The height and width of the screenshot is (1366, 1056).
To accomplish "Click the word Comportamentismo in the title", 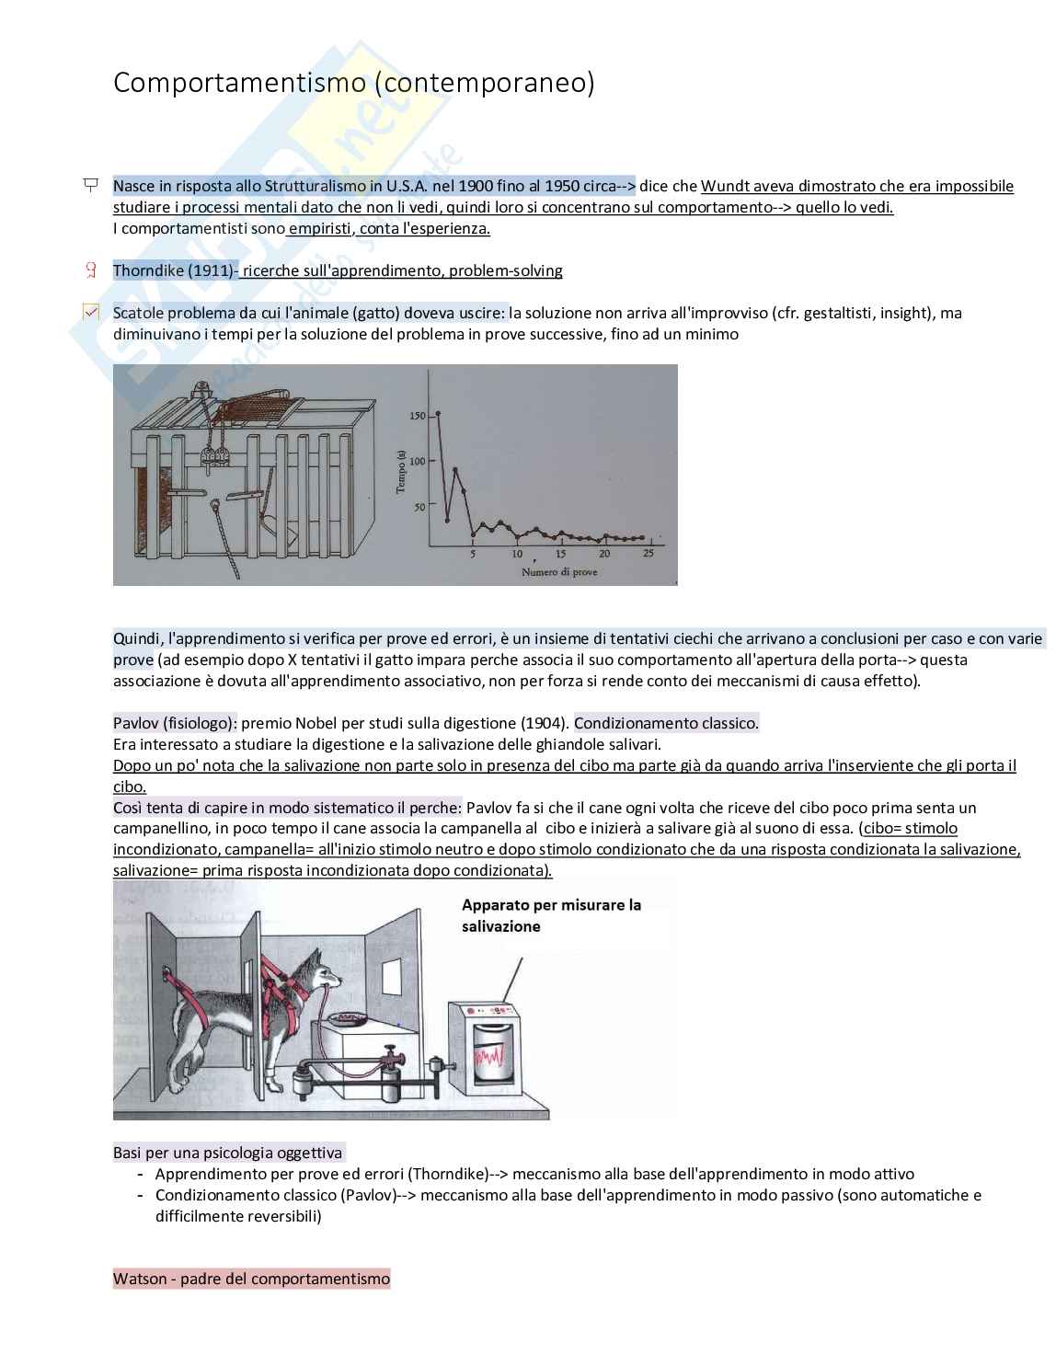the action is pyautogui.click(x=239, y=84).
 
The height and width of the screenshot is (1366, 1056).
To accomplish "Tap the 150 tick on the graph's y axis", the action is pyautogui.click(x=418, y=416).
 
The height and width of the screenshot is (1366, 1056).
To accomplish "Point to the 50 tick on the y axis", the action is pyautogui.click(x=419, y=507).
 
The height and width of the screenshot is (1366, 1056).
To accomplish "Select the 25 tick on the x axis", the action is pyautogui.click(x=649, y=553).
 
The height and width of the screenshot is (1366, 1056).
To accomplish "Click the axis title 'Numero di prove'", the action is pyautogui.click(x=559, y=572).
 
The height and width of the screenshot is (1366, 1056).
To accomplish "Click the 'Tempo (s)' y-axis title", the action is pyautogui.click(x=401, y=472).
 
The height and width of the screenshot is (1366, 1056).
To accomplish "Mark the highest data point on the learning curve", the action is pyautogui.click(x=438, y=413).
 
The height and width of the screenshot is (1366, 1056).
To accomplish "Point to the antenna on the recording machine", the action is pyautogui.click(x=513, y=980).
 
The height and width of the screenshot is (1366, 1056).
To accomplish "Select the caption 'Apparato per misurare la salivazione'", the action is pyautogui.click(x=551, y=915).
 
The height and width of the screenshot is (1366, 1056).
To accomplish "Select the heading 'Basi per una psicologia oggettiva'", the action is pyautogui.click(x=227, y=1153).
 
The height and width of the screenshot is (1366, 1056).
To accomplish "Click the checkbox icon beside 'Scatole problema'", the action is pyautogui.click(x=91, y=312).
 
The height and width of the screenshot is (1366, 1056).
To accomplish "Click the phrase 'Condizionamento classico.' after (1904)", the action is pyautogui.click(x=666, y=723).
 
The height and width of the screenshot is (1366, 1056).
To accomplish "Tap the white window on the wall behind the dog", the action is pyautogui.click(x=391, y=977).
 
